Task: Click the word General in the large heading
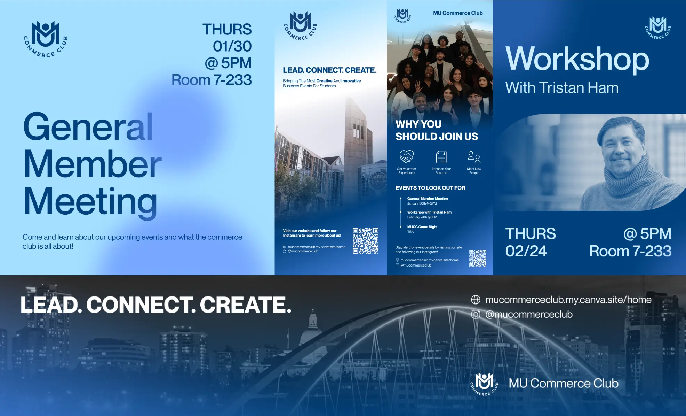tap(88, 126)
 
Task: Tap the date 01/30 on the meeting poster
tap(232, 46)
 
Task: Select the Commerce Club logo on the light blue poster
tap(46, 39)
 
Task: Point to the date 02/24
tap(526, 251)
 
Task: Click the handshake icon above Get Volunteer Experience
tap(406, 157)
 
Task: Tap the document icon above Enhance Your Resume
tap(441, 157)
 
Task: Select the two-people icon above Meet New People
tap(474, 157)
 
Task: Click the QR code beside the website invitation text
tap(365, 241)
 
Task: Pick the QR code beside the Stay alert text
tap(478, 258)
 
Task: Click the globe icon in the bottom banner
tap(476, 300)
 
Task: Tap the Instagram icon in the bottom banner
tap(476, 314)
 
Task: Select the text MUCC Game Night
tap(422, 227)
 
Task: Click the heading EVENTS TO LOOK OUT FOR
tap(430, 188)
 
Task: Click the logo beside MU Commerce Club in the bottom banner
tap(484, 384)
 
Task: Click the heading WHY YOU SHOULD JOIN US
tap(437, 130)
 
